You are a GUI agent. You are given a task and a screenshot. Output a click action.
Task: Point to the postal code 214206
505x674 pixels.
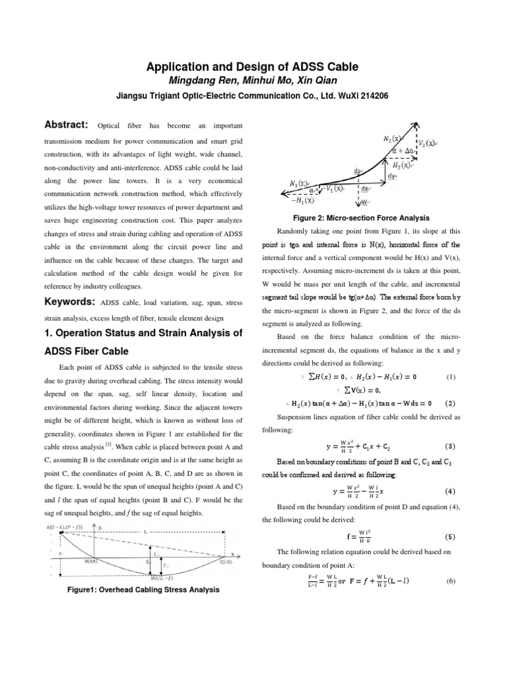[370, 95]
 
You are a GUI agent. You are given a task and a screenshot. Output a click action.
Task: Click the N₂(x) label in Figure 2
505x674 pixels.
[393, 139]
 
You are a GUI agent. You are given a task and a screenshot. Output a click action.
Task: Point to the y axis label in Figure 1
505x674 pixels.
[100, 527]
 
